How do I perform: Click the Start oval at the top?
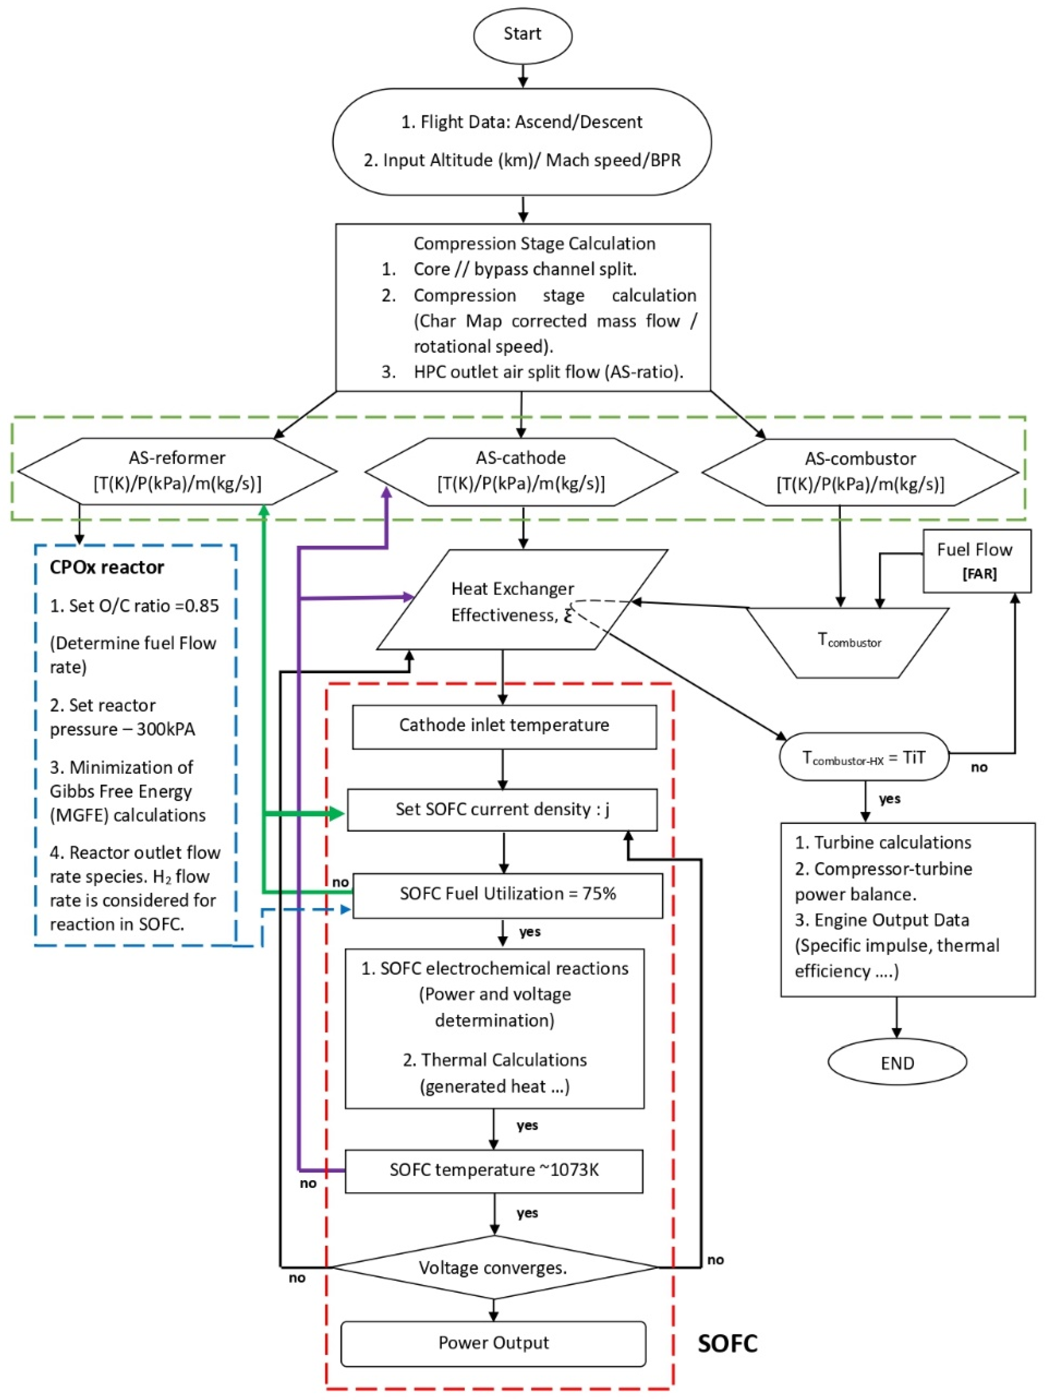coord(522,34)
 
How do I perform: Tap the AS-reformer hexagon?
coord(177,471)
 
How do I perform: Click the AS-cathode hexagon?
coord(521,471)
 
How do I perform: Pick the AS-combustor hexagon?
coord(860,472)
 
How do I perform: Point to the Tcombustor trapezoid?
coord(848,641)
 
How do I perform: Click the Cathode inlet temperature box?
coord(504,726)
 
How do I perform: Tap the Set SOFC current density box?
coord(502,809)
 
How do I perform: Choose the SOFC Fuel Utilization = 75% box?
coord(507,894)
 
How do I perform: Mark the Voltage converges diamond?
coord(494,1267)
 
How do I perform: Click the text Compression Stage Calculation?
coord(534,244)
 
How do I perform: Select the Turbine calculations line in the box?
coord(883,842)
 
